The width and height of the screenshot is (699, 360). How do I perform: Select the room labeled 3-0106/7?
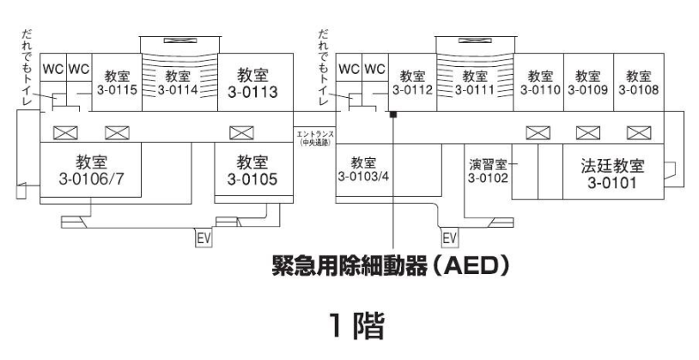coord(91,169)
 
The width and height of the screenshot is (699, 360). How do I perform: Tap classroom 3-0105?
coord(253,169)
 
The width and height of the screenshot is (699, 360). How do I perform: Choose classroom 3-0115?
coord(117,82)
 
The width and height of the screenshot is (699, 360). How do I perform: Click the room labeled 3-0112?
coord(412,82)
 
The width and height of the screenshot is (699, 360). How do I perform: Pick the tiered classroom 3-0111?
coord(475,82)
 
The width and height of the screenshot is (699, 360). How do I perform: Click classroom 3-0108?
coord(639,82)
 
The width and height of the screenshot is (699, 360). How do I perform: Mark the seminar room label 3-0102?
coord(488,171)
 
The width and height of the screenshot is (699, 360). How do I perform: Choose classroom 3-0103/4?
coord(363,169)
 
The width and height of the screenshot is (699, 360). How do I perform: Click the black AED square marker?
coord(393,114)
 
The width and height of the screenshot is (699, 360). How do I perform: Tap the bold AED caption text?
coord(391,266)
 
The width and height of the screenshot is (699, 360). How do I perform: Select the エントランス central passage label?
coord(315,138)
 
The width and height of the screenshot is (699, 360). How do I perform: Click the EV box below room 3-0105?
coord(204,238)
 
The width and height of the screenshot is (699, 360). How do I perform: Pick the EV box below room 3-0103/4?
coord(449,238)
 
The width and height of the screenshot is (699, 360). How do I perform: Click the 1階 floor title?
coord(357,326)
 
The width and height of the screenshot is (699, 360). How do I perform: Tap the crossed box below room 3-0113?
coord(241,133)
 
